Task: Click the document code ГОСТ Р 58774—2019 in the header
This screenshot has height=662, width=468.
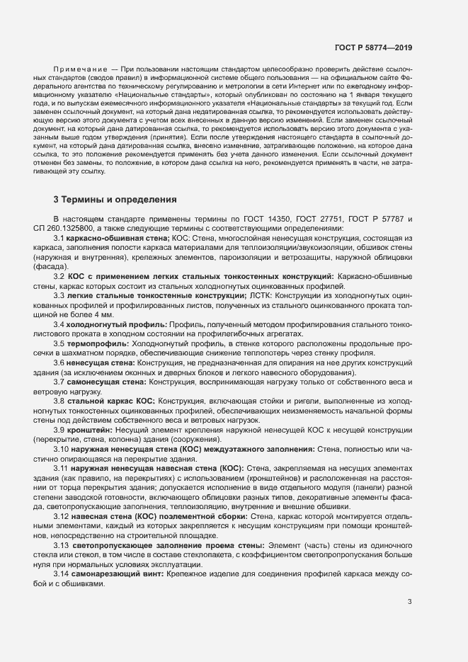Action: tap(372, 47)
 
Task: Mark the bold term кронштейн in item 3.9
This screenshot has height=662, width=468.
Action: tap(89, 430)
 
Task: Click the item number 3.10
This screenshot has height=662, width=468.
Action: tap(61, 449)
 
